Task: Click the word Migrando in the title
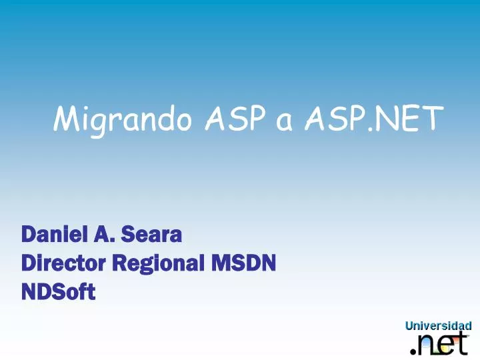(x=123, y=120)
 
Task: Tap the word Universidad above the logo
(x=438, y=326)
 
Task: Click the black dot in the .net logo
(x=411, y=351)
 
